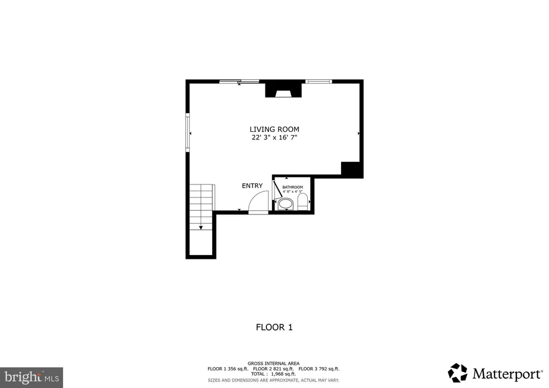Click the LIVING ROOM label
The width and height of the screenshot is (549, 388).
(274, 130)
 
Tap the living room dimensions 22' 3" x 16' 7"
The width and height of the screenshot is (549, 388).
(274, 138)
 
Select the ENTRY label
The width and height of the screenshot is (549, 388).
(252, 186)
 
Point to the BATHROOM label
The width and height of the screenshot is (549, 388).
(292, 187)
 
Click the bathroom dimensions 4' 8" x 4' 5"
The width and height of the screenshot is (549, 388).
(292, 192)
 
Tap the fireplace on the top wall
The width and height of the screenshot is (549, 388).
(283, 89)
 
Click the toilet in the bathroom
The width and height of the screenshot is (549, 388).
(302, 202)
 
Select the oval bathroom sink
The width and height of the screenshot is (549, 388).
(285, 203)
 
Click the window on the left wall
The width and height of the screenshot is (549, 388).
(188, 132)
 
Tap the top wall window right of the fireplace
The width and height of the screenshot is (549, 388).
(318, 81)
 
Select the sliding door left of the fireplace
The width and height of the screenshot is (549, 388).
(239, 81)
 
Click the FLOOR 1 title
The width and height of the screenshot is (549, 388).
(274, 327)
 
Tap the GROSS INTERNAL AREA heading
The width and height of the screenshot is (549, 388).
(273, 363)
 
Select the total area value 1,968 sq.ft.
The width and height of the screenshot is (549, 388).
(283, 374)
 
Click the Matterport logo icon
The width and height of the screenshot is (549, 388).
(458, 373)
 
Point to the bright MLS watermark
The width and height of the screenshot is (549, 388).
(32, 377)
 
